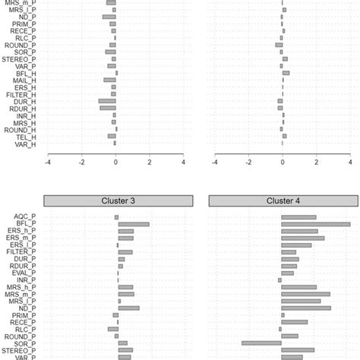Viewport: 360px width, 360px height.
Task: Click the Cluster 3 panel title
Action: click(x=116, y=201)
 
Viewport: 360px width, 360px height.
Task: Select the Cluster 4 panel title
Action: click(x=282, y=201)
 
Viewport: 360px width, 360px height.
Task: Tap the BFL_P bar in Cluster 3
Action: click(x=133, y=224)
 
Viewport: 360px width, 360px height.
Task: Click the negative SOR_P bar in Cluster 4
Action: click(x=261, y=343)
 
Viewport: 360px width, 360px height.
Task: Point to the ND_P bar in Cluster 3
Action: click(x=128, y=308)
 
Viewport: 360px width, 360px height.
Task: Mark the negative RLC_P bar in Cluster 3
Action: click(x=113, y=329)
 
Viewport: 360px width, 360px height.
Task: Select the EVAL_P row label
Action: click(x=24, y=273)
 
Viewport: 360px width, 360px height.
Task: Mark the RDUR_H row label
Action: click(x=24, y=108)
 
